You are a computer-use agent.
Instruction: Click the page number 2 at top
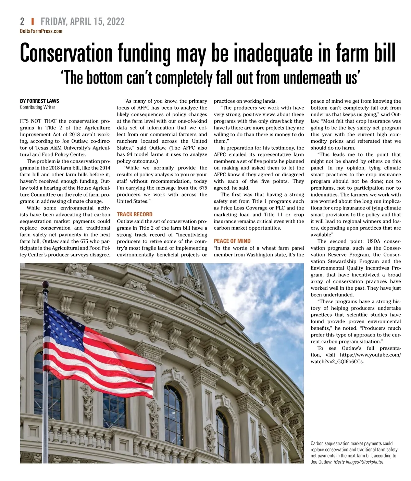(22, 22)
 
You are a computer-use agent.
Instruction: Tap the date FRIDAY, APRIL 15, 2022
(83, 22)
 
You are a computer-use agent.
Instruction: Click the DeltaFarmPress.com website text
(41, 31)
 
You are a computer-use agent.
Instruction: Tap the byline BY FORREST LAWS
(39, 101)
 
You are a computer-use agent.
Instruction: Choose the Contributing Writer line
(37, 107)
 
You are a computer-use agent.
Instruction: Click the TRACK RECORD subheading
(135, 214)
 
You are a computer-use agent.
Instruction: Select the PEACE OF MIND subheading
(232, 241)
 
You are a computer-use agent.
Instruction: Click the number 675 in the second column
(203, 188)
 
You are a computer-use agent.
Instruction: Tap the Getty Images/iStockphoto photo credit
(358, 462)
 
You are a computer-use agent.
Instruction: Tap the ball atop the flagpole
(45, 284)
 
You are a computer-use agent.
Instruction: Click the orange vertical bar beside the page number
(33, 22)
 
